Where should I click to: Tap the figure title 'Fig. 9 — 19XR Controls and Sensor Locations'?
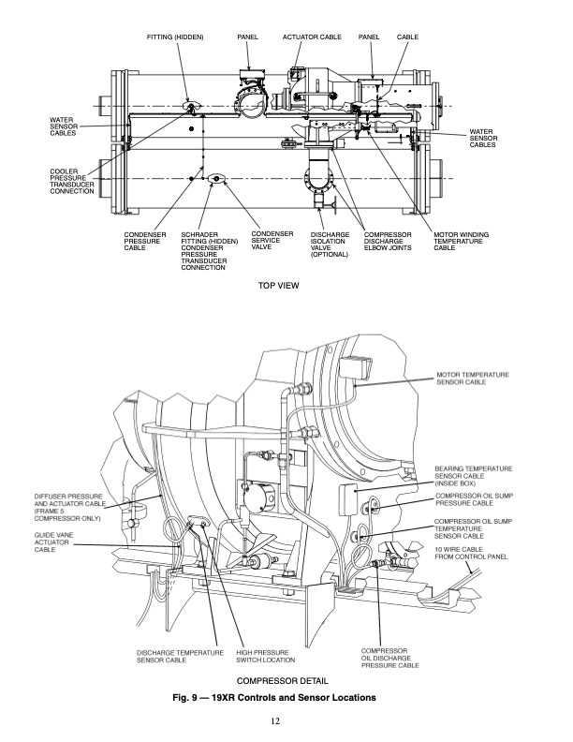286,698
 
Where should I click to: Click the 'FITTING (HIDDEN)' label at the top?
175,36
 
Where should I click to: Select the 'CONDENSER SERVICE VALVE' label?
272,240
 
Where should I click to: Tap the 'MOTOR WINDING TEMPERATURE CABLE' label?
458,240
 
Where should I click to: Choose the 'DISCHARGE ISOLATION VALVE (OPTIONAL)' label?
330,244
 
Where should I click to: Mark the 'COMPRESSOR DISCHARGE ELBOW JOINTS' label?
389,240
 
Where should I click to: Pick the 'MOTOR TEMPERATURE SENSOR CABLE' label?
473,379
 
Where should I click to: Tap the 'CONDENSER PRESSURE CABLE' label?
145,240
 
